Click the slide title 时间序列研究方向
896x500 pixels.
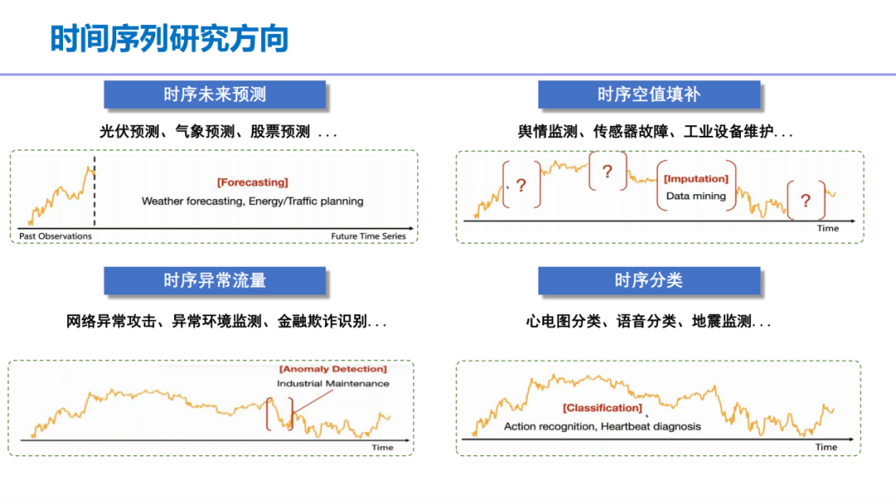point(169,39)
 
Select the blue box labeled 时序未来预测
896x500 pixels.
point(215,95)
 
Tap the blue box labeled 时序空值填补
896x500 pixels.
point(649,95)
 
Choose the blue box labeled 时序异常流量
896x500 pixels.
point(215,280)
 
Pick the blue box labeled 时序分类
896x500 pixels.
point(649,280)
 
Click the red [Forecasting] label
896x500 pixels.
point(252,182)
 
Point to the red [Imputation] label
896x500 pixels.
point(696,179)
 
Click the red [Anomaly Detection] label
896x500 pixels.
point(334,369)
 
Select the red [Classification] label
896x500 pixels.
point(602,408)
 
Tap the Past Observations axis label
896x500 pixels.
point(56,236)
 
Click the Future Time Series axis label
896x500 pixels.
point(368,236)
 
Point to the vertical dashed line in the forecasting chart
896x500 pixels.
point(95,191)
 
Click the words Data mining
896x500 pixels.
point(696,196)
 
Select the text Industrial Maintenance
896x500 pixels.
point(334,383)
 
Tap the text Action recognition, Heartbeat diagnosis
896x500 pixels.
point(602,426)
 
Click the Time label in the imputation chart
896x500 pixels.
point(828,228)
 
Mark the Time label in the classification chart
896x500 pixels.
point(826,447)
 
